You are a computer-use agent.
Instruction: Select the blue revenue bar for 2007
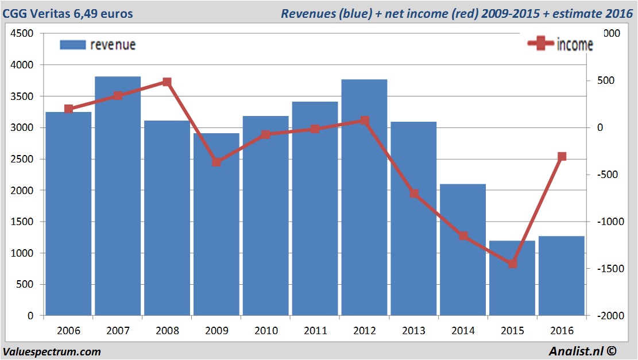pos(118,195)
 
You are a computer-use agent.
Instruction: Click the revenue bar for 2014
pos(463,250)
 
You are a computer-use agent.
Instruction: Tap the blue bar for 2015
pos(512,278)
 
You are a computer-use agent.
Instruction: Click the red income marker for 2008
pos(167,82)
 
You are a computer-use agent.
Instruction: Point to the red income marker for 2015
pos(512,264)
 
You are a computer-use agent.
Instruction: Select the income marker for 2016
pos(562,156)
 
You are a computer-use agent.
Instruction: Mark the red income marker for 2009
pos(216,162)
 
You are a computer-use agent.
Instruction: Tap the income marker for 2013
pos(413,193)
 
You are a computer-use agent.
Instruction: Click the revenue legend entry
pos(98,45)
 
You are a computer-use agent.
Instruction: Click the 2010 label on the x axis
pos(266,331)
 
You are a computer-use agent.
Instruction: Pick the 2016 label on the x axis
pos(562,331)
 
